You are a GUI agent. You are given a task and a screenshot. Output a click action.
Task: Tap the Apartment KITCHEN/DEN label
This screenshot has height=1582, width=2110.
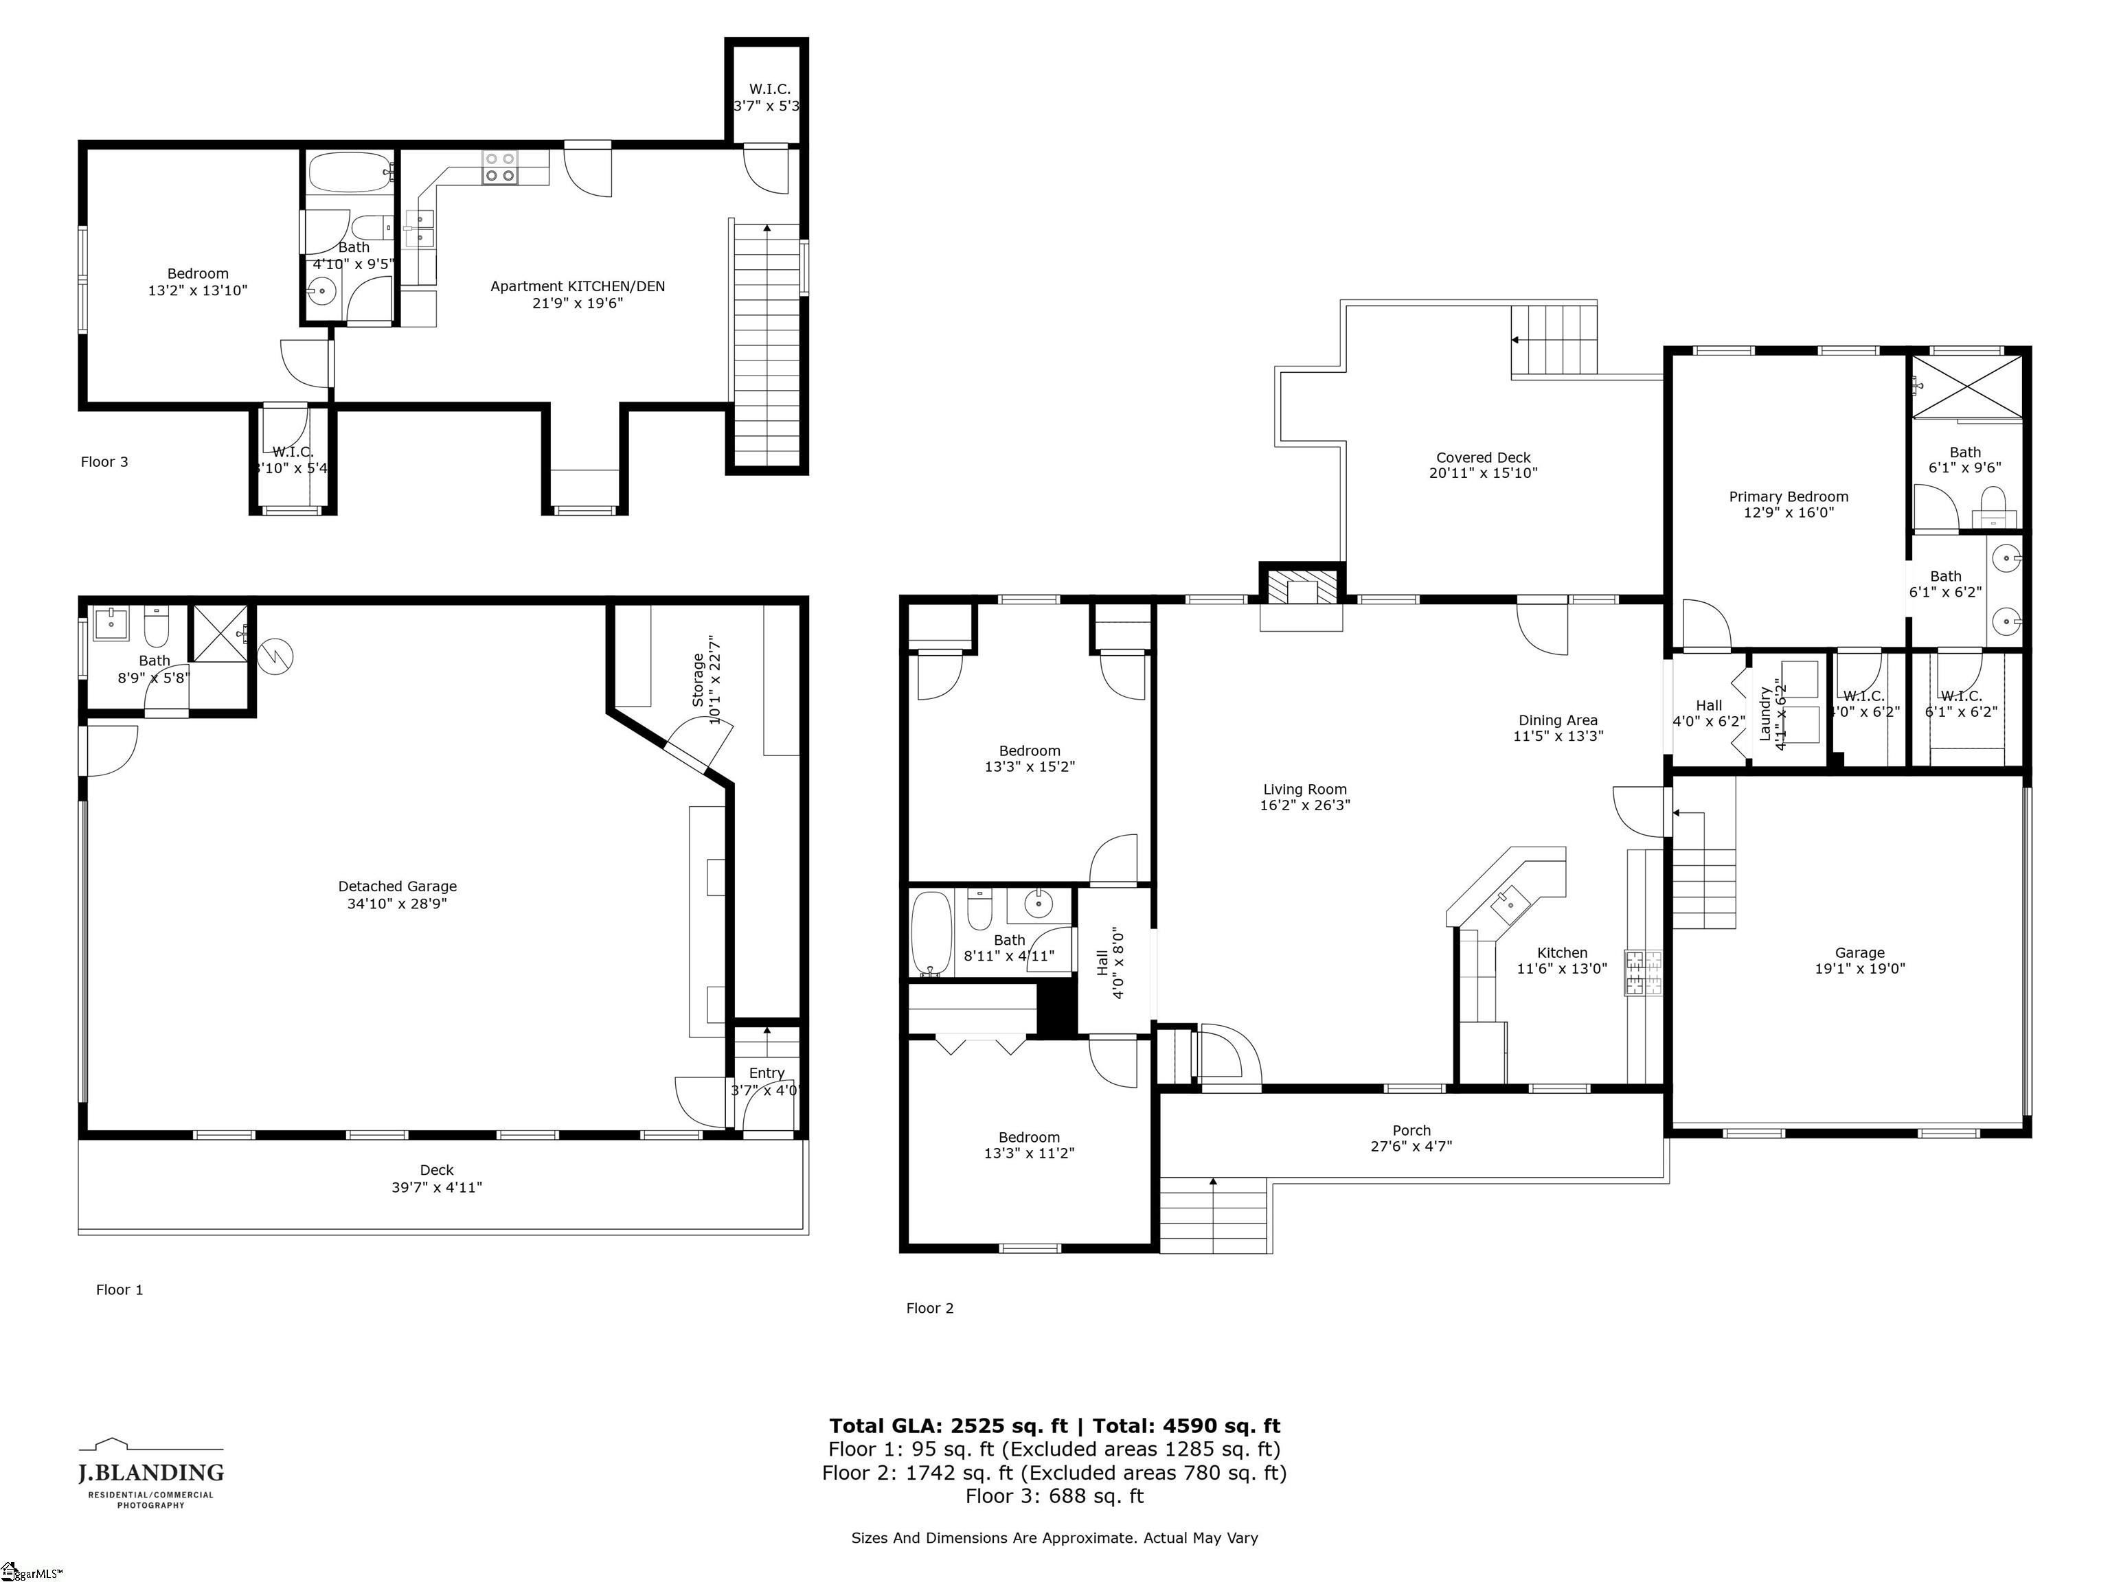pyautogui.click(x=577, y=286)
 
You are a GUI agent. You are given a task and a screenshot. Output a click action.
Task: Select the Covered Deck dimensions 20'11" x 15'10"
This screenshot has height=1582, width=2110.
pyautogui.click(x=1484, y=473)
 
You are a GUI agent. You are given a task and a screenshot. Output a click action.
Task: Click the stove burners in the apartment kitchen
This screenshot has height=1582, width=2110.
pyautogui.click(x=500, y=168)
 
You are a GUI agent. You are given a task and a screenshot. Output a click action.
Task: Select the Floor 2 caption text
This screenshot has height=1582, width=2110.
pyautogui.click(x=929, y=1308)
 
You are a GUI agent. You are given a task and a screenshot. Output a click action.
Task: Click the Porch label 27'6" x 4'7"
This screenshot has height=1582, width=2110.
pyautogui.click(x=1411, y=1138)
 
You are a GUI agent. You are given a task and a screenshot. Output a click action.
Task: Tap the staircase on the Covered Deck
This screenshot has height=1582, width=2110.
pyautogui.click(x=1553, y=341)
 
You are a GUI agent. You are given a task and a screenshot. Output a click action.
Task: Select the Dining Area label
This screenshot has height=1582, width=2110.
pyautogui.click(x=1558, y=721)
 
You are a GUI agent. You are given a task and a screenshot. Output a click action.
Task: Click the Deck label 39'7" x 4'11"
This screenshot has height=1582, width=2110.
pyautogui.click(x=437, y=1179)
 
